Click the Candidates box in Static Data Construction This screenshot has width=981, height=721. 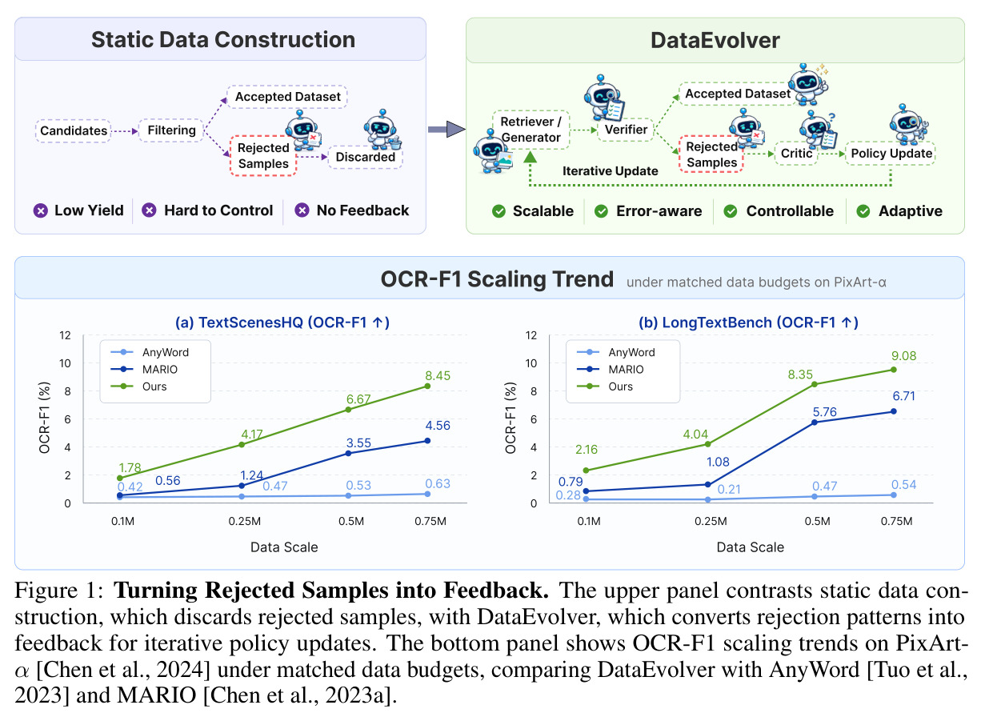pyautogui.click(x=73, y=130)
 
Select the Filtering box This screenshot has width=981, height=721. pyautogui.click(x=171, y=130)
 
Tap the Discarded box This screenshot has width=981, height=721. pyautogui.click(x=365, y=157)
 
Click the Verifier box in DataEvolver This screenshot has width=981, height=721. pyautogui.click(x=626, y=129)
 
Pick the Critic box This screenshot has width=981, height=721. pyautogui.click(x=796, y=153)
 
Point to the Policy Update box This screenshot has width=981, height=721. pyautogui.click(x=891, y=153)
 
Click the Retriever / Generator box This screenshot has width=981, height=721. pyautogui.click(x=531, y=130)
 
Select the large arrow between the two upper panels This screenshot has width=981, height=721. pyautogui.click(x=446, y=129)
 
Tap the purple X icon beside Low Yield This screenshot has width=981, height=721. pyautogui.click(x=40, y=210)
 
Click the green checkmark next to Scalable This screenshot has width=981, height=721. pyautogui.click(x=499, y=211)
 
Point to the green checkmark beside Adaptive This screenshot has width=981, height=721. pyautogui.click(x=863, y=211)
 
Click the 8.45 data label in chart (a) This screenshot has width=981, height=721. pyautogui.click(x=438, y=375)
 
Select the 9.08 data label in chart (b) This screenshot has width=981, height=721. pyautogui.click(x=904, y=355)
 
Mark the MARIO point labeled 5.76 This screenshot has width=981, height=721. pyautogui.click(x=815, y=423)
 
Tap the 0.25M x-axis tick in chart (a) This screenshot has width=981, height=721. pyautogui.click(x=245, y=521)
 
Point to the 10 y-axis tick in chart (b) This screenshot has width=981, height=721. pyautogui.click(x=531, y=363)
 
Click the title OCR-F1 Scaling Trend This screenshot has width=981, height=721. pyautogui.click(x=497, y=279)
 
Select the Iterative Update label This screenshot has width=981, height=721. pyautogui.click(x=610, y=170)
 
